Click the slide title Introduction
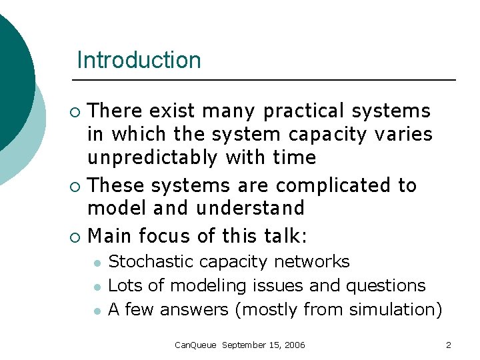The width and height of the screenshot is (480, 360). [139, 60]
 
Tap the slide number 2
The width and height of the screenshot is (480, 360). [449, 345]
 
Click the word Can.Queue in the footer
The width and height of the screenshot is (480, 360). [195, 345]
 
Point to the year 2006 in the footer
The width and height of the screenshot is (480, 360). [294, 345]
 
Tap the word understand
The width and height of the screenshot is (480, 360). [250, 209]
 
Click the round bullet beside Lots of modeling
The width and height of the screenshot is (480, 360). [97, 287]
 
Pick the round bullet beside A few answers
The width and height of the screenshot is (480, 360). [97, 311]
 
